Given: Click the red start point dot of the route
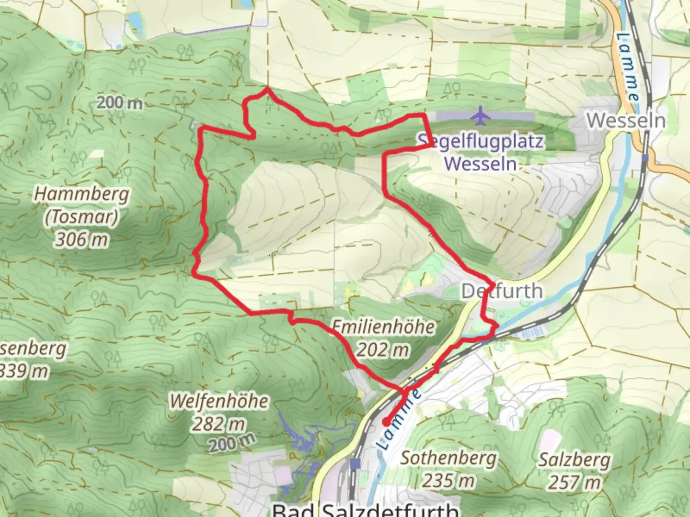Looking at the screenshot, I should [386, 422].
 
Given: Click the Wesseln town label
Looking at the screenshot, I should [626, 121].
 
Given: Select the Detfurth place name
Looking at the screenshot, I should [502, 291].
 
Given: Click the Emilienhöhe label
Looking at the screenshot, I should [383, 327].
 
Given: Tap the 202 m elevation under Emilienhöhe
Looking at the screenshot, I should [383, 350].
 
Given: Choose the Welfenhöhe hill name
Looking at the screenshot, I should [219, 401].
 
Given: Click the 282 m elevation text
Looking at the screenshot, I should [219, 424].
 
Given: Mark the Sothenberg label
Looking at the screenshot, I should [448, 458].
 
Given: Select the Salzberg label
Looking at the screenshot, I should [575, 460].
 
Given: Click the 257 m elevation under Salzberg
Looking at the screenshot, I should [575, 482].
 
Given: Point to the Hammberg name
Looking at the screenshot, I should [82, 194].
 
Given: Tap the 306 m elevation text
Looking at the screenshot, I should [81, 239].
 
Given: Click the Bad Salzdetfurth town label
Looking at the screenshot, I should [365, 509].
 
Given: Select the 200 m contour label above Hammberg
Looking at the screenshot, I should [119, 102].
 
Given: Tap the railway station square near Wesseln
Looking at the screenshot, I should [645, 157].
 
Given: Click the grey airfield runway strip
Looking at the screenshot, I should [508, 116].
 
